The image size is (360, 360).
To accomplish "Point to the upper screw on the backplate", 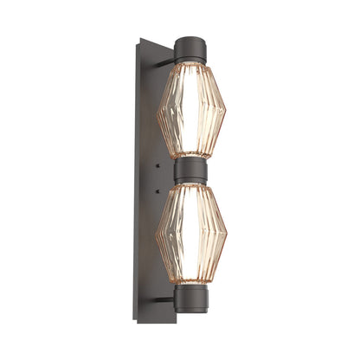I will (158, 162).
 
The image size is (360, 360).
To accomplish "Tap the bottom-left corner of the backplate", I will (138, 321).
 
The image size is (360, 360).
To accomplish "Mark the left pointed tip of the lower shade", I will (157, 236).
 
